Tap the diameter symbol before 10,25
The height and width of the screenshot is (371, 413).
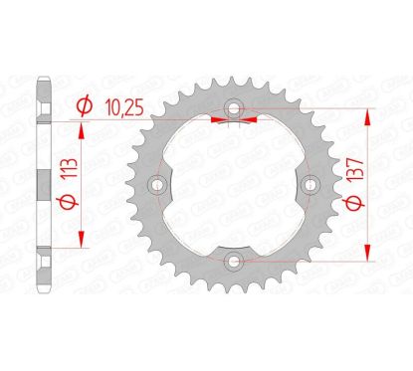pos(85,101)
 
